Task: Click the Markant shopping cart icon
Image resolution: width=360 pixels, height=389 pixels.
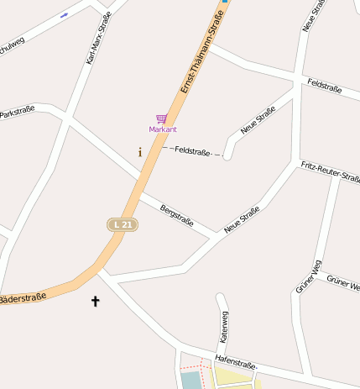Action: [161, 119]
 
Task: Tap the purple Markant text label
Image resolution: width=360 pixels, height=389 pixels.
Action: [163, 129]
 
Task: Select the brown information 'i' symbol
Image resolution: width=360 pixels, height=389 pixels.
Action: [139, 152]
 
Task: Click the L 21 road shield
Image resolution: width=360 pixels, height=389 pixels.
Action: [122, 224]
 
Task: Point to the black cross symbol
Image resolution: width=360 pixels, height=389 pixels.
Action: [95, 300]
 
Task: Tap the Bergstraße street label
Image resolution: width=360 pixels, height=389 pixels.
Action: [177, 216]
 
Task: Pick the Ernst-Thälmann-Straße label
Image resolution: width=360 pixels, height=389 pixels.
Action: [203, 50]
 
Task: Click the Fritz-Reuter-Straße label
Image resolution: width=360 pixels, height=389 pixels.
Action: [331, 171]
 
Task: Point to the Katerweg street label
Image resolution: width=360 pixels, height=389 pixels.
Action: [224, 326]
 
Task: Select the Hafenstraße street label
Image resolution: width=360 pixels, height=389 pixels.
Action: [235, 361]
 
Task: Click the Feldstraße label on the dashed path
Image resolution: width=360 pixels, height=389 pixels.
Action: [192, 151]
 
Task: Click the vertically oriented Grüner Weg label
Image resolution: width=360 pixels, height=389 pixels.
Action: [308, 276]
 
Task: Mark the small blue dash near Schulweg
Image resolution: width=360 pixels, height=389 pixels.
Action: [64, 15]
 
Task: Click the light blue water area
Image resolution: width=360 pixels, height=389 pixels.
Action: [192, 380]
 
